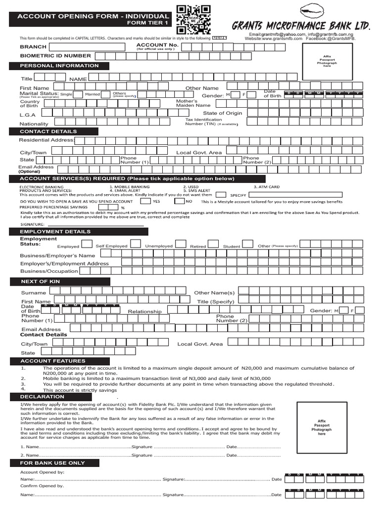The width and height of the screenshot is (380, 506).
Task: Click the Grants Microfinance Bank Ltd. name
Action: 301,25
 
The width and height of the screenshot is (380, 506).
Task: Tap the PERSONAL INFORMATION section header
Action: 59,66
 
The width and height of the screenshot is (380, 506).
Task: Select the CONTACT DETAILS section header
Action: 48,131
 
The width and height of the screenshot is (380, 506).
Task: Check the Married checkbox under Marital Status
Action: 107,94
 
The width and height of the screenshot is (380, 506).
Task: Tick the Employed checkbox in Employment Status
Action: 87,244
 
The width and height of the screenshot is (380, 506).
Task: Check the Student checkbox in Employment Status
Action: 248,244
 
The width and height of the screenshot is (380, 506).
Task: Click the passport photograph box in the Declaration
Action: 322,427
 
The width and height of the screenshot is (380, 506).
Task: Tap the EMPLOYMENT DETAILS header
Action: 55,231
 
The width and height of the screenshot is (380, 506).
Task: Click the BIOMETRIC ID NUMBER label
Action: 55,56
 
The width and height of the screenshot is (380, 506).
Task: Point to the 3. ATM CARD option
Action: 266,187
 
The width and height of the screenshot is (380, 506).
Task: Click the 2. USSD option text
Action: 190,187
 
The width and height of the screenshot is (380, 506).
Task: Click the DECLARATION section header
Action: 42,396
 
